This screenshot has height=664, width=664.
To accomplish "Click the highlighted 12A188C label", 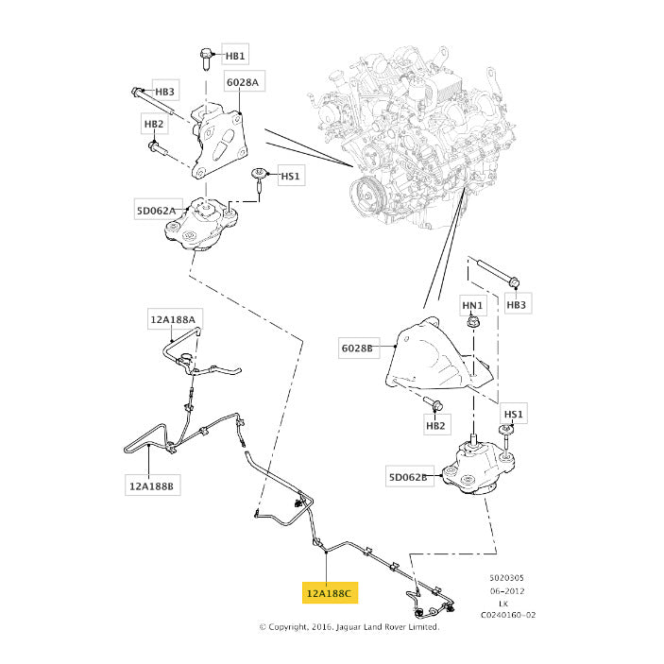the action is click(x=330, y=593).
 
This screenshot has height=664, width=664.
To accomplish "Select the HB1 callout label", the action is click(x=235, y=55).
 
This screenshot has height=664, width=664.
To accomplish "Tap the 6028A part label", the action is click(x=243, y=81).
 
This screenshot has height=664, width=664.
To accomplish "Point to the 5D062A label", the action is click(x=156, y=210).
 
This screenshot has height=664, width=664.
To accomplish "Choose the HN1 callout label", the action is click(x=472, y=305).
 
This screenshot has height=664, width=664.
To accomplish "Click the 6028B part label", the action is click(x=357, y=349).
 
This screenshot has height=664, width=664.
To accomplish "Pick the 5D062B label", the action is click(x=408, y=477).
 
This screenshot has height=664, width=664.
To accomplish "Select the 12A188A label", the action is click(x=173, y=319).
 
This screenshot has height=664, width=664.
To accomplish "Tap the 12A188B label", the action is click(x=152, y=485).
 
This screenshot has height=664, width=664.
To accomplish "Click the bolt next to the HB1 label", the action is click(x=206, y=60).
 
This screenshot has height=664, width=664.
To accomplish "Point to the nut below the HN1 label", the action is click(x=472, y=322).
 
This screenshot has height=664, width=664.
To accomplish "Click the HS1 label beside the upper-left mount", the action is click(x=291, y=176).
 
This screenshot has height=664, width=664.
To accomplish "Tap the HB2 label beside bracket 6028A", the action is click(x=154, y=124).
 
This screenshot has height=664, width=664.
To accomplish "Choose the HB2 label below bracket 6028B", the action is click(x=435, y=425).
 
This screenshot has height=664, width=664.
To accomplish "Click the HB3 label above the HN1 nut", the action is click(x=517, y=304).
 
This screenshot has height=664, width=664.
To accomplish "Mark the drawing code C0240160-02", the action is click(x=508, y=615).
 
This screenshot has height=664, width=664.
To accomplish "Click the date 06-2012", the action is click(x=507, y=590).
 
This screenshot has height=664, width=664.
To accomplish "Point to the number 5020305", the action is click(x=507, y=578).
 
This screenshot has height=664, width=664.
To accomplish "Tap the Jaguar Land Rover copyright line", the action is click(x=349, y=627).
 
